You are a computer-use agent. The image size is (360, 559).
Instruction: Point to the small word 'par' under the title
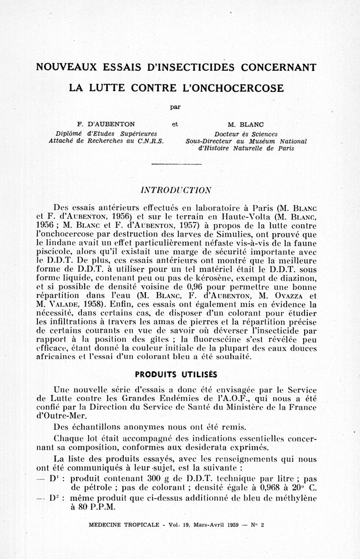point(175,107)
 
